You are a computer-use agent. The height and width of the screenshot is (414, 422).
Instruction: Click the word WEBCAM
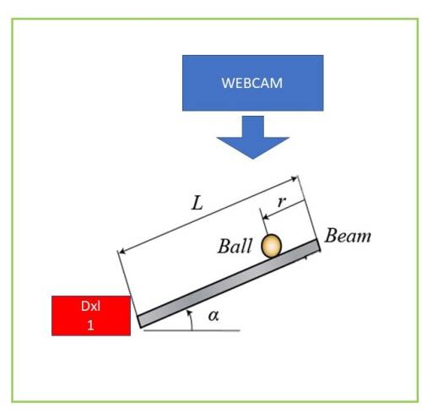pyautogui.click(x=252, y=83)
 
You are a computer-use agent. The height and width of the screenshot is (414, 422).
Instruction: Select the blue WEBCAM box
pyautogui.click(x=252, y=83)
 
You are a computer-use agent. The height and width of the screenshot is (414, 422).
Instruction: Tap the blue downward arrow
pyautogui.click(x=252, y=137)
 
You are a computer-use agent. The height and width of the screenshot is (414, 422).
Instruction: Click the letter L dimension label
pyautogui.click(x=197, y=204)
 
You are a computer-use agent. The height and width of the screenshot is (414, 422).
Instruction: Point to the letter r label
pyautogui.click(x=282, y=201)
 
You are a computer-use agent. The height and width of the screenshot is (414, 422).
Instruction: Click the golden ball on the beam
pyautogui.click(x=271, y=246)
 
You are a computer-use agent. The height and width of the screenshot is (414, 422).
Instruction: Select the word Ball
pyautogui.click(x=235, y=246)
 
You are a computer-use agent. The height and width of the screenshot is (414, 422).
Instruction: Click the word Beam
pyautogui.click(x=348, y=236)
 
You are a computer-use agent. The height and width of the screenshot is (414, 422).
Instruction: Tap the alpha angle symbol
pyautogui.click(x=214, y=316)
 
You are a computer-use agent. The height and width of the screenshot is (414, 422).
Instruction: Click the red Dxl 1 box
pyautogui.click(x=91, y=316)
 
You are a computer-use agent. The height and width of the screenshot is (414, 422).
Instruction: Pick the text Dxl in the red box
pyautogui.click(x=90, y=306)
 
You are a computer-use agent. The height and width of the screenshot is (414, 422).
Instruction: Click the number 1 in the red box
pyautogui.click(x=90, y=325)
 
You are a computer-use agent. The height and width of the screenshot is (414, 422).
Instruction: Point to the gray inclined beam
pyautogui.click(x=229, y=284)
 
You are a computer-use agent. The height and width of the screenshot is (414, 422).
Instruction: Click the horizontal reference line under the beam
pyautogui.click(x=192, y=330)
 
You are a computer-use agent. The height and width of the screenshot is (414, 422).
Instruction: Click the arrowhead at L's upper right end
pyautogui.click(x=295, y=178)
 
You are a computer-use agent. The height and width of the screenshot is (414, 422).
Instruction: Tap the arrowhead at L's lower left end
pyautogui.click(x=122, y=251)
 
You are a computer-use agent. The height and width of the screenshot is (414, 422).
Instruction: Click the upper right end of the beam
pyautogui.click(x=319, y=245)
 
